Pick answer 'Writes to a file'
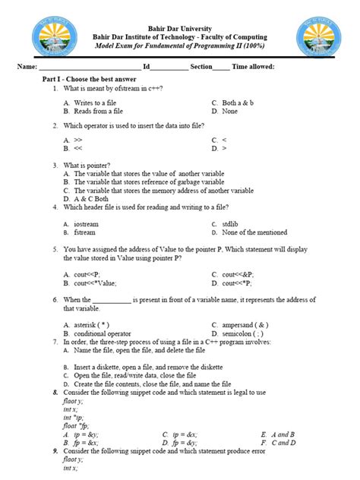tap(95, 102)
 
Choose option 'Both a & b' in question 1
tap(238, 102)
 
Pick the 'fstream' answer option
tap(85, 233)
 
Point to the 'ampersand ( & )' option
tap(249, 325)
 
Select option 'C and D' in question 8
tap(285, 443)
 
